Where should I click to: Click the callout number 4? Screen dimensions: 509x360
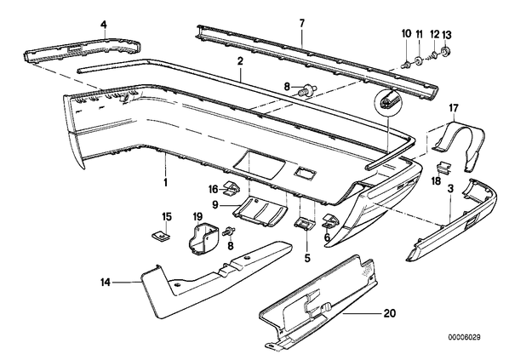(x=104, y=24)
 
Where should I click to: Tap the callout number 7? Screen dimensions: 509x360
(x=302, y=23)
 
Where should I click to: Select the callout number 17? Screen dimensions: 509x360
(x=454, y=108)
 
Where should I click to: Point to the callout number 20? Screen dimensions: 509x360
(x=390, y=313)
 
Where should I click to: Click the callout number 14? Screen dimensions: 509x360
(x=106, y=283)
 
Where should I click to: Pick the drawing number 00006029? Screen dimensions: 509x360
(x=465, y=337)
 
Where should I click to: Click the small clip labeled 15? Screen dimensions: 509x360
(x=161, y=235)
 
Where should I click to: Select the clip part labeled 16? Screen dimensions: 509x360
(x=232, y=189)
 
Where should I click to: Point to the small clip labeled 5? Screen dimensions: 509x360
(x=305, y=223)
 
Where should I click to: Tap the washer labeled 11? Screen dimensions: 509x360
(x=419, y=60)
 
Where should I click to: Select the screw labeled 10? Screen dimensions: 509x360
(x=406, y=65)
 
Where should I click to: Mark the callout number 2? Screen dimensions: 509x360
(x=240, y=61)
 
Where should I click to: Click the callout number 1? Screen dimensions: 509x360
(x=166, y=182)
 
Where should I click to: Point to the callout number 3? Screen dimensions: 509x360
(x=450, y=188)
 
